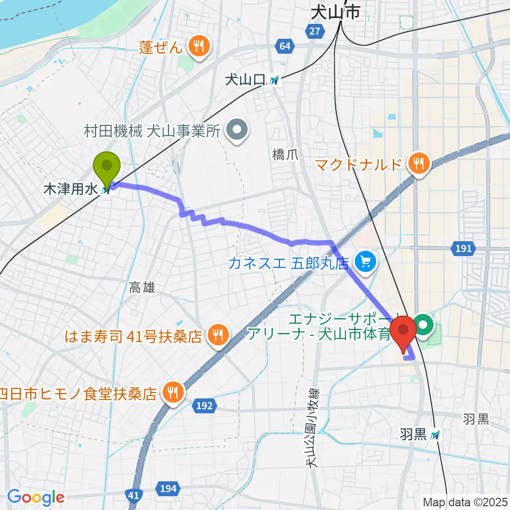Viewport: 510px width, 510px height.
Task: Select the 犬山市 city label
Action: point(335,13)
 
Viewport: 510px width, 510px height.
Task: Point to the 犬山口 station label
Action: point(245,80)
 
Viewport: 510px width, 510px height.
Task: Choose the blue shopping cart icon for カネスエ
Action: point(365,261)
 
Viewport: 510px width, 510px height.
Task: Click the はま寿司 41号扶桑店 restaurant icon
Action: point(217,335)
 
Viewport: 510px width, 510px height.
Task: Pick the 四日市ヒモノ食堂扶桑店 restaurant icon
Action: point(173,393)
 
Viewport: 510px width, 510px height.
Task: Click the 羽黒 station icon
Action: point(436,436)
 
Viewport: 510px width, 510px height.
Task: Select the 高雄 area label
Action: point(142,287)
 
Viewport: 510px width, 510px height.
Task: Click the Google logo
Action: point(36,497)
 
